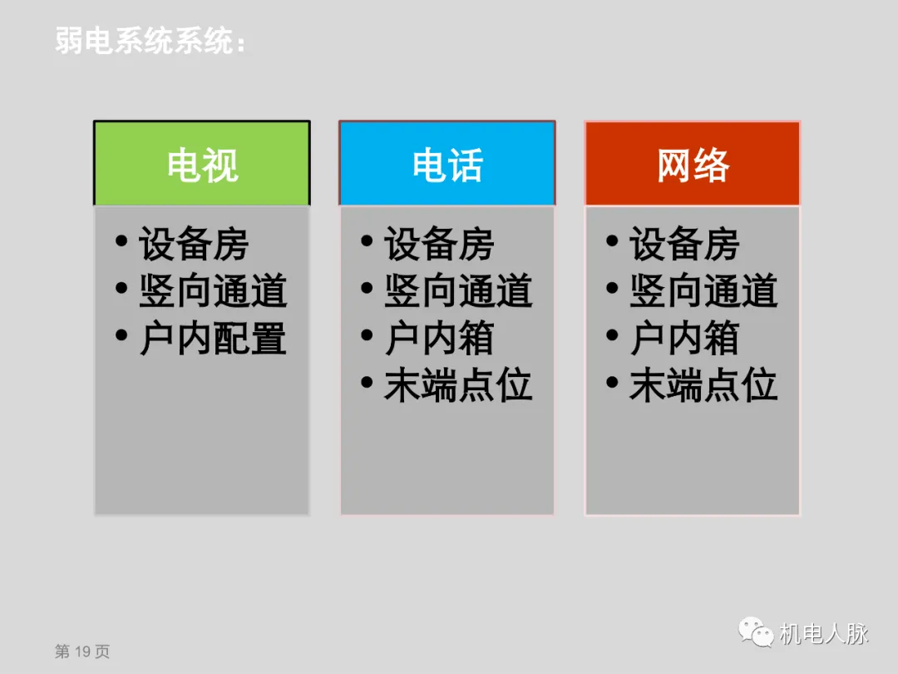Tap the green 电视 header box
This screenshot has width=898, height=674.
point(202,164)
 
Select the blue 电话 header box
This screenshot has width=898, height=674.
point(447,164)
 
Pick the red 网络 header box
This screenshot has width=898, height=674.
point(693,164)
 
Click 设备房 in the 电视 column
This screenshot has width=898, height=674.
point(194,245)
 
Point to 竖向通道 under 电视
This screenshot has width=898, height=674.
point(213,291)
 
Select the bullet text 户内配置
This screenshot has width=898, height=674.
point(213,339)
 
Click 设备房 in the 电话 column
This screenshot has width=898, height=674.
point(439,245)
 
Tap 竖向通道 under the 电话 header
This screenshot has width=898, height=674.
point(458,291)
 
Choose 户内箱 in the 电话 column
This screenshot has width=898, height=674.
point(439,339)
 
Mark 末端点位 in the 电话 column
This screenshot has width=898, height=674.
point(458,386)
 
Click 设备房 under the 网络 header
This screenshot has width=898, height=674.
point(684,245)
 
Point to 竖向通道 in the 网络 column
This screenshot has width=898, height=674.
point(703,291)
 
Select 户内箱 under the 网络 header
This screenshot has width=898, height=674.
point(684,339)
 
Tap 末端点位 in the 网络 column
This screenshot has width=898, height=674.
point(703,386)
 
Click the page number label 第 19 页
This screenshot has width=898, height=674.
point(82,652)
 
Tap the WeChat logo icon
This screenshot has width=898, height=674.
point(756,633)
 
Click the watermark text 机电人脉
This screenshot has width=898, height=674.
point(823,634)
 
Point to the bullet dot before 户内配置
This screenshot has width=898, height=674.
point(122,336)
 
